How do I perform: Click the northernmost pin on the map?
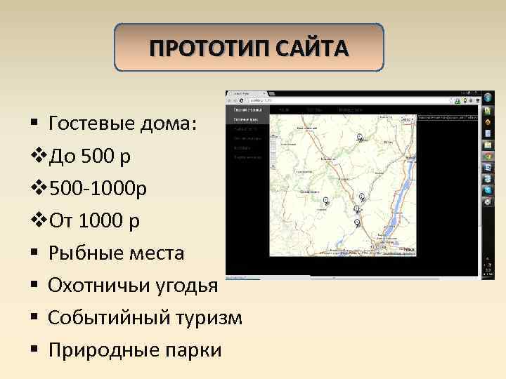coord(360,136)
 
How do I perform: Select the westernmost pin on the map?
coord(325,200)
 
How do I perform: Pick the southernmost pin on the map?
coord(357,222)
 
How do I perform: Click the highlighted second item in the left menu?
coord(247,119)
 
